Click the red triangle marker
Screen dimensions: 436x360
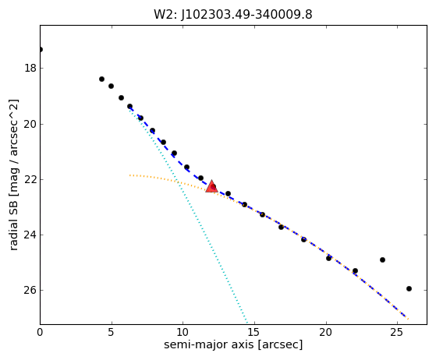pyautogui.click(x=211, y=186)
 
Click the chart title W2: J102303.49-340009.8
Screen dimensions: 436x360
pyautogui.click(x=233, y=15)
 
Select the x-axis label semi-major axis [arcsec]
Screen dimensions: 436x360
pyautogui.click(x=233, y=344)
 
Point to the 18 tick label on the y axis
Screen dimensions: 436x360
pyautogui.click(x=30, y=68)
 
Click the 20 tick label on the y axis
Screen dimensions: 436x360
pyautogui.click(x=30, y=124)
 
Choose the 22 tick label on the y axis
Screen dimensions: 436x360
pyautogui.click(x=30, y=180)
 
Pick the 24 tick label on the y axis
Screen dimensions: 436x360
pyautogui.click(x=30, y=235)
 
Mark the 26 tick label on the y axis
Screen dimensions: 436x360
pyautogui.click(x=30, y=291)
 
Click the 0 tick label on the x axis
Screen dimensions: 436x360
pyautogui.click(x=40, y=332)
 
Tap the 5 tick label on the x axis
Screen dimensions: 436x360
pyautogui.click(x=112, y=332)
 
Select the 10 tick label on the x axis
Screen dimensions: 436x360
pyautogui.click(x=183, y=332)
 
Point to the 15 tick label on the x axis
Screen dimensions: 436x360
pyautogui.click(x=254, y=332)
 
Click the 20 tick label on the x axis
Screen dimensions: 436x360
pyautogui.click(x=325, y=332)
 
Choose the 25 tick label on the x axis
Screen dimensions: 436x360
pyautogui.click(x=397, y=332)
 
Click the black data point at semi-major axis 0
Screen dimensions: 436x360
pyautogui.click(x=41, y=49)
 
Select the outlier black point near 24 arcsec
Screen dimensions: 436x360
pyautogui.click(x=382, y=259)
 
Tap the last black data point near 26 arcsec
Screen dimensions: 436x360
pyautogui.click(x=409, y=288)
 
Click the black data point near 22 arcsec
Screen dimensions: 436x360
pyautogui.click(x=355, y=270)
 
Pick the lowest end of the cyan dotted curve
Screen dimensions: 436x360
pyautogui.click(x=247, y=323)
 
